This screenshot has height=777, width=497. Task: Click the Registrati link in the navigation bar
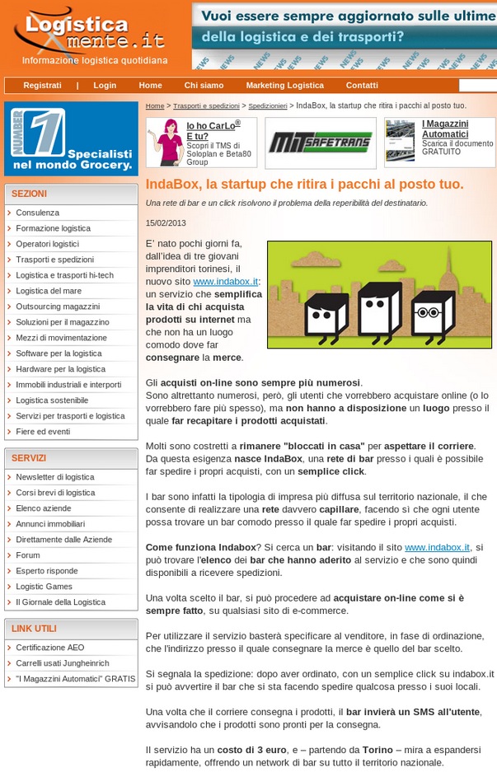pos(42,86)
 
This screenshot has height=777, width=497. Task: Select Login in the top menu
pos(105,86)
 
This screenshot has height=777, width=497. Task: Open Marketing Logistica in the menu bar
pos(284,86)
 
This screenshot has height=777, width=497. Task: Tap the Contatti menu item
pos(362,86)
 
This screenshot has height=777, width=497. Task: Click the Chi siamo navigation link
pos(204,86)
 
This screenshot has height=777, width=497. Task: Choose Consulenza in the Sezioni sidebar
pos(37,213)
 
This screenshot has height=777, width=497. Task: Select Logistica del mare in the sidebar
pos(49,291)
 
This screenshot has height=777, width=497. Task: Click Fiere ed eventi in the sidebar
pos(43,432)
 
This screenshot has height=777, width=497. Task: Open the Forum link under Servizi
pos(28,555)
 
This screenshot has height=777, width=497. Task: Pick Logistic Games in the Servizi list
pos(45,587)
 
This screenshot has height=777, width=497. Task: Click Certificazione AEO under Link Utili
pos(49,648)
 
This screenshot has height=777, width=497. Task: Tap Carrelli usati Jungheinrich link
pos(62,663)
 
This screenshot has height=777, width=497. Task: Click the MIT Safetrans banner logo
pos(320,143)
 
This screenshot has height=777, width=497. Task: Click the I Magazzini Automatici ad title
pos(445,129)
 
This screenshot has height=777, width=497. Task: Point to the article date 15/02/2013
pos(166,223)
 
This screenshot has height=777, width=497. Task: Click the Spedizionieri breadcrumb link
pos(267,106)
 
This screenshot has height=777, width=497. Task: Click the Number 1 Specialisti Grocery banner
pos(71,138)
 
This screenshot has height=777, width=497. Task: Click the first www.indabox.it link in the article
pos(226,282)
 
